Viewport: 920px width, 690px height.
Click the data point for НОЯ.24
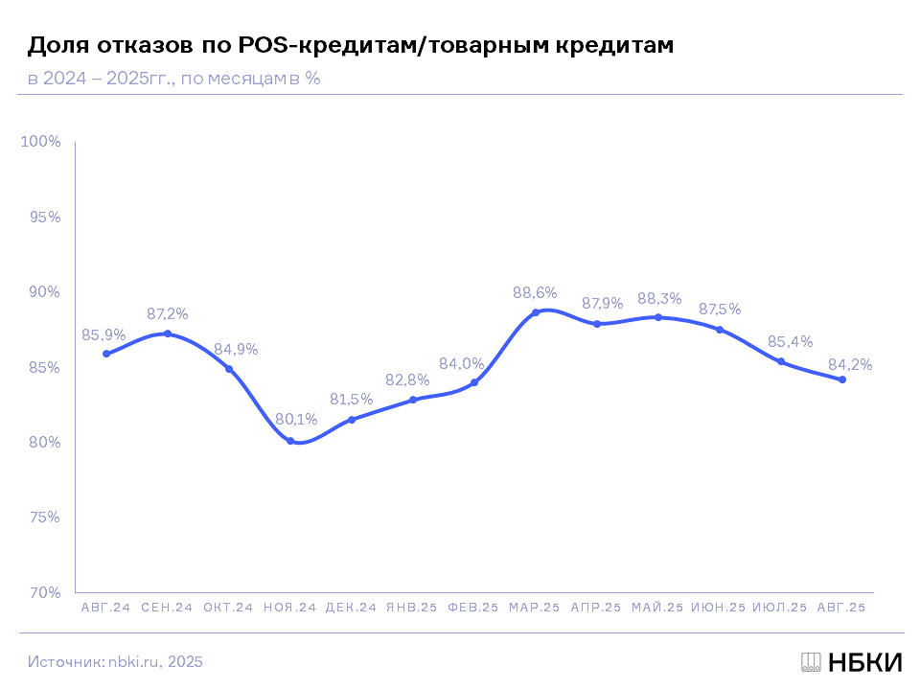pos(290,441)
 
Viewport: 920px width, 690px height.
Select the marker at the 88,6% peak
pos(536,312)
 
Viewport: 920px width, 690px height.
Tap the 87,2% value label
pos(168,313)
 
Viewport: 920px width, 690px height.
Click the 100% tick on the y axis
pos(41,142)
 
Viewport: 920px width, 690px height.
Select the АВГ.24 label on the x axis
pos(105,608)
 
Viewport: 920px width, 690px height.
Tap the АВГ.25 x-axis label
pos(841,608)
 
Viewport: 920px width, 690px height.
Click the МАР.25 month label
pos(535,608)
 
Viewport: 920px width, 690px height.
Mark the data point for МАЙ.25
pos(658,317)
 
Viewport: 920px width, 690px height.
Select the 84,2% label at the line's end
pos(849,364)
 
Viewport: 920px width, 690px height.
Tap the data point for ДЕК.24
pos(352,420)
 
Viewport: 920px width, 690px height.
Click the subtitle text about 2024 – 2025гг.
pos(173,79)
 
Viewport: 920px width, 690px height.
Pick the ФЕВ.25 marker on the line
pos(474,382)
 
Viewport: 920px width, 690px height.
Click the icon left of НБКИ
pos(811,662)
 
